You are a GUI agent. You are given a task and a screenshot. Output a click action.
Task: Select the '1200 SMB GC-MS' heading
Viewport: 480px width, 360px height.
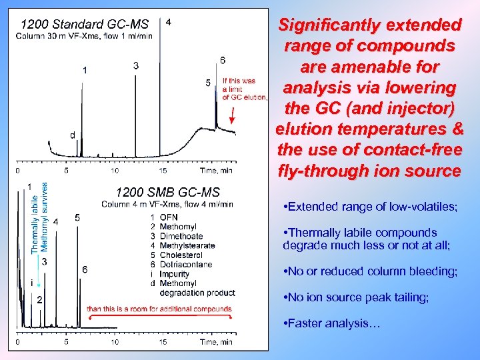click(x=168, y=193)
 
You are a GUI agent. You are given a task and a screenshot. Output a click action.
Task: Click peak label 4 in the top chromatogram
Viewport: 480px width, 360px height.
click(x=168, y=22)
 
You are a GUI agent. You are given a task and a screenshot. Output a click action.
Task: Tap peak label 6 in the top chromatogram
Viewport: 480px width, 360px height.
click(x=222, y=60)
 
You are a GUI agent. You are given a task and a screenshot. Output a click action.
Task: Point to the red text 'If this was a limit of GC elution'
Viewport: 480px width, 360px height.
click(x=243, y=89)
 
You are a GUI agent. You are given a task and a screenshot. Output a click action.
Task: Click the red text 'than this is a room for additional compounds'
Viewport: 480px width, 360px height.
click(x=159, y=309)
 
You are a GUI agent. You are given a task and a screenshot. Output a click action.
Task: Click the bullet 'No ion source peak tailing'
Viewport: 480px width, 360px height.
click(x=356, y=297)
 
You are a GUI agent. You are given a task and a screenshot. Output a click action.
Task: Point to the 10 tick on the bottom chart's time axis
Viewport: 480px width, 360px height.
click(x=115, y=342)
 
